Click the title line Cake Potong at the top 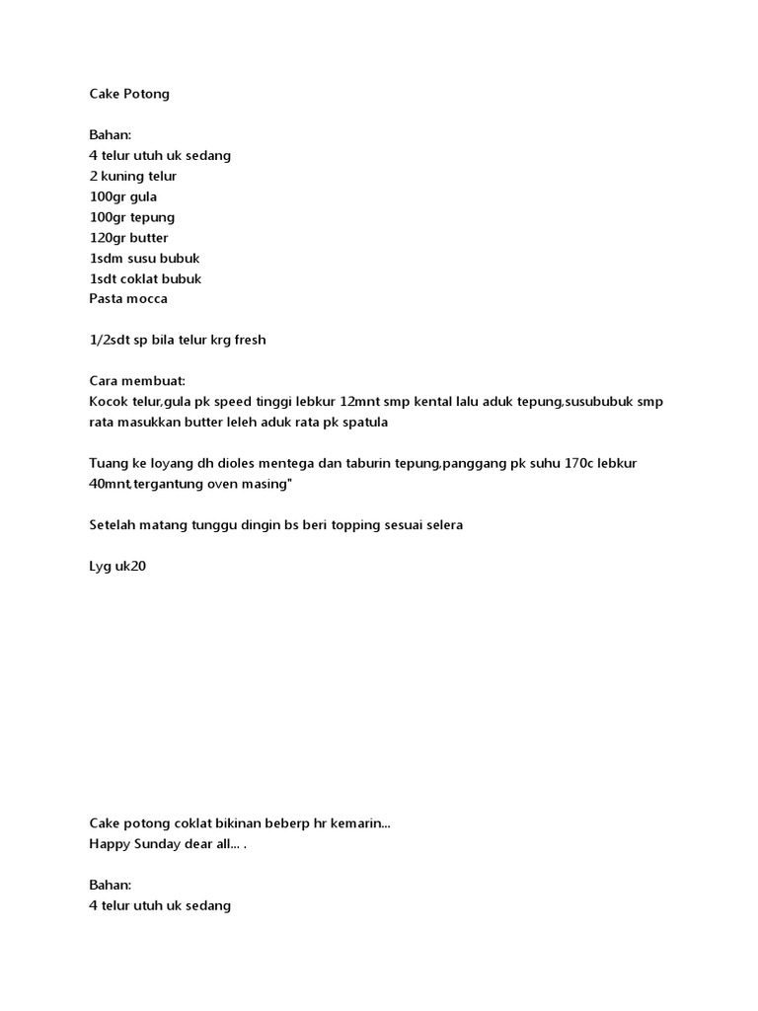[129, 94]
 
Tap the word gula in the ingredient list [144, 196]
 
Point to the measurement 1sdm [107, 259]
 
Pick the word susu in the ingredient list [145, 259]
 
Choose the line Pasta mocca [128, 299]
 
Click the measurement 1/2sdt [111, 341]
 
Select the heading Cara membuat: [137, 381]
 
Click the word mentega [288, 464]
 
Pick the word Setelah [114, 525]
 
